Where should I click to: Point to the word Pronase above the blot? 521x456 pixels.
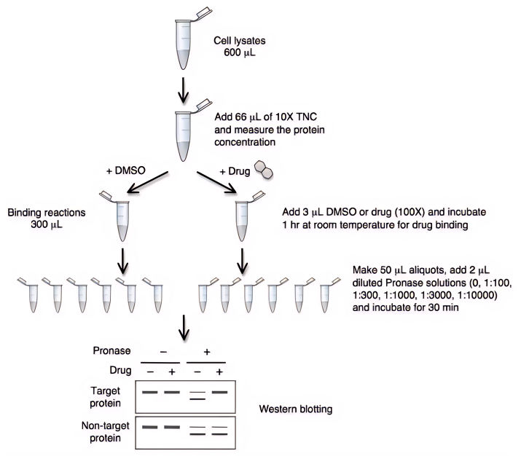pos(111,352)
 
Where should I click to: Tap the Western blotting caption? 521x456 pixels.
pos(296,409)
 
